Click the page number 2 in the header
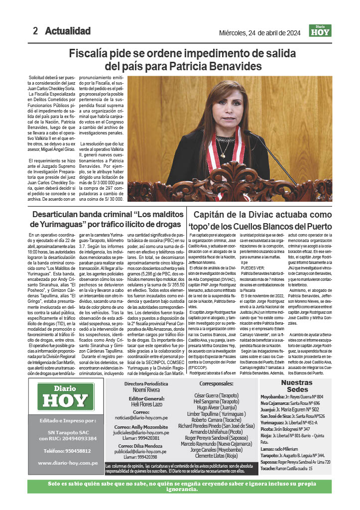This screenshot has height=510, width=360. pyautogui.click(x=35, y=31)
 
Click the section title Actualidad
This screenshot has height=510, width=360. pyautogui.click(x=68, y=31)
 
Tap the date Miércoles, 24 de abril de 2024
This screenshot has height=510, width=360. pyautogui.click(x=259, y=33)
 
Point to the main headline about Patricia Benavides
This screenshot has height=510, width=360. pyautogui.click(x=179, y=59)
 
